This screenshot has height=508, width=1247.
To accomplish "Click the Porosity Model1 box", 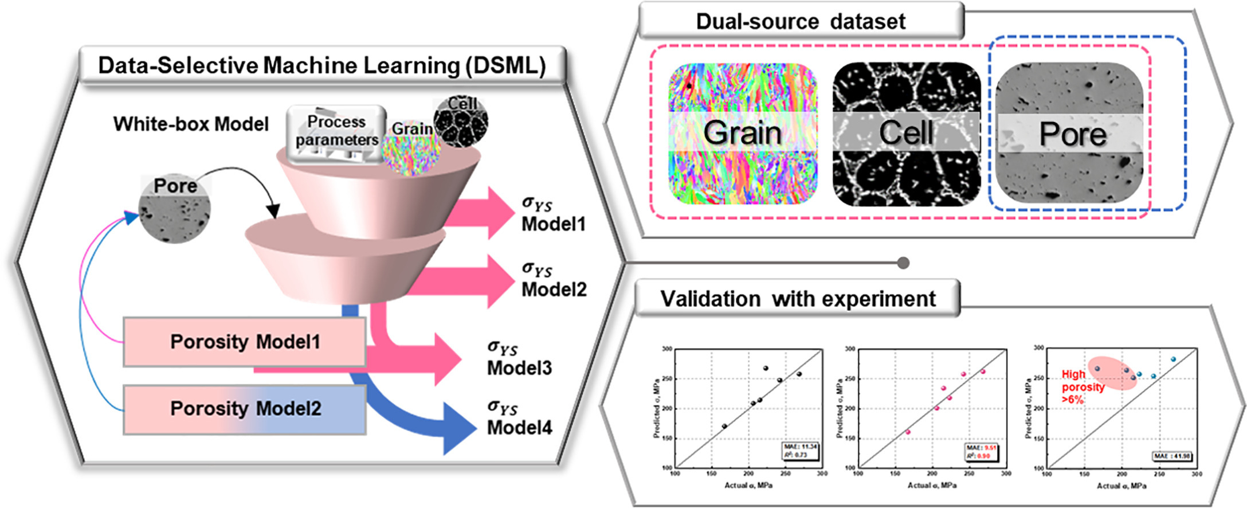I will point(245,342).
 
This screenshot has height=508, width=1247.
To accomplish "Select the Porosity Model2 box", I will point(245,409).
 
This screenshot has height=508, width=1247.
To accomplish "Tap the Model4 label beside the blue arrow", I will point(519,427).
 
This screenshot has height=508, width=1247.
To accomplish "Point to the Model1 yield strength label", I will point(553,214).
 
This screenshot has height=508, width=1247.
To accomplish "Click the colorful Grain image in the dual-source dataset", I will point(742,133).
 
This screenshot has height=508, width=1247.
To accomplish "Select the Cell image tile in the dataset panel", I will point(906,133).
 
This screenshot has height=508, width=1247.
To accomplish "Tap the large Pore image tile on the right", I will point(1069,133).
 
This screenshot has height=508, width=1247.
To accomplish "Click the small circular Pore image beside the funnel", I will point(175,209).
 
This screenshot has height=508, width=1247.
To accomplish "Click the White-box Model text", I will point(191,124).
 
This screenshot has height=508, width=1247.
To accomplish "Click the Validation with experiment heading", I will point(797,299).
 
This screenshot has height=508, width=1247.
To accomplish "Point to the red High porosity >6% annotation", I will point(1082,386).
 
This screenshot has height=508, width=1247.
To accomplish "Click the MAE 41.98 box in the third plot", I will point(1172,456).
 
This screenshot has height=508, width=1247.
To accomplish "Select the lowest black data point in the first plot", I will point(724,426).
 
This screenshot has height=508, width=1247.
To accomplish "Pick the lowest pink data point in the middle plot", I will point(908,432).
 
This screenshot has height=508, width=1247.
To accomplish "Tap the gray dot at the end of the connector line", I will point(903,263).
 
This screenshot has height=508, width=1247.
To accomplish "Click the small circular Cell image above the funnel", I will point(461,121).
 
